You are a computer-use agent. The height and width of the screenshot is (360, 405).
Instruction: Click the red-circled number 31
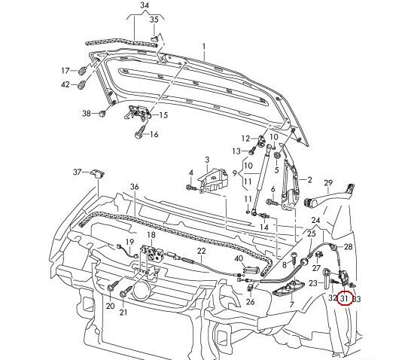pyautogui.click(x=344, y=298)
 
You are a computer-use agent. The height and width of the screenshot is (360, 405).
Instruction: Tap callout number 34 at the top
pyautogui.click(x=145, y=5)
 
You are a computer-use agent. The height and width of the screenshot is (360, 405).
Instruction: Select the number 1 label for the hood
pyautogui.click(x=204, y=47)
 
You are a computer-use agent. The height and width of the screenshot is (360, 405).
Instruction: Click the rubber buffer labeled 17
pyautogui.click(x=82, y=70)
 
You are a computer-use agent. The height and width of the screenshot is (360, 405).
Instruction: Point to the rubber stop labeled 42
pyautogui.click(x=82, y=84)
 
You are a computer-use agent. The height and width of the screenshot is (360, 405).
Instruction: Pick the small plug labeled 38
pyautogui.click(x=103, y=114)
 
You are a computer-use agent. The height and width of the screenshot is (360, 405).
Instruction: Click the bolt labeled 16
pyautogui.click(x=141, y=132)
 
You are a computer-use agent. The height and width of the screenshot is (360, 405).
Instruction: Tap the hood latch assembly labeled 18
pyautogui.click(x=151, y=253)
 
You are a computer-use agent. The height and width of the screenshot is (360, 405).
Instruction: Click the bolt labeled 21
pyautogui.click(x=126, y=291)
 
